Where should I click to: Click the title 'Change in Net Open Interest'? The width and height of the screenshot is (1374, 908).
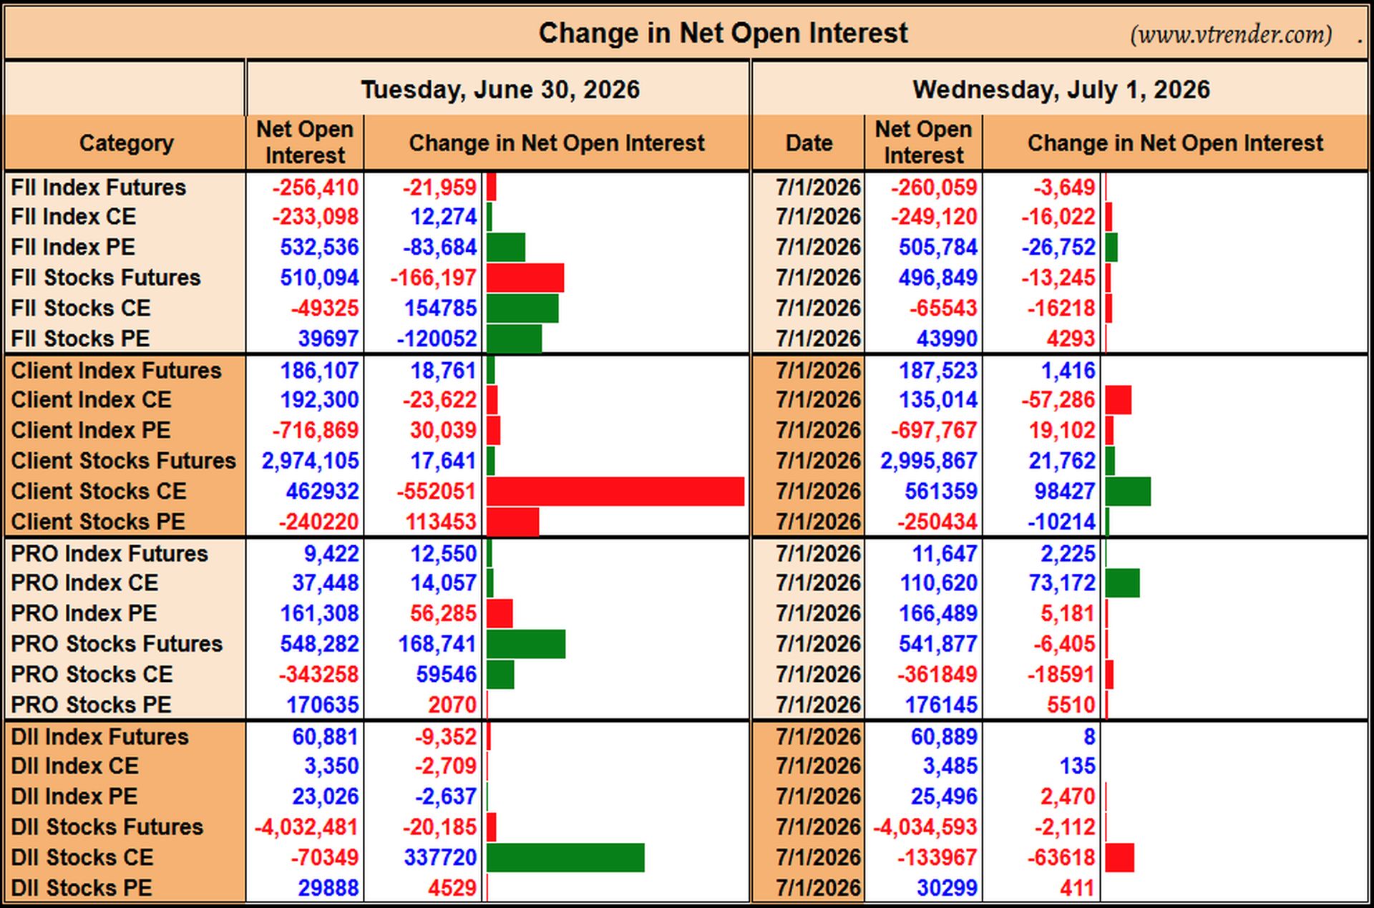point(723,33)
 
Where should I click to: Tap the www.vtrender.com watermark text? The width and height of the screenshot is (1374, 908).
point(1231,34)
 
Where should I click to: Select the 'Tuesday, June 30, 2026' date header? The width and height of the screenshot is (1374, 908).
point(500,89)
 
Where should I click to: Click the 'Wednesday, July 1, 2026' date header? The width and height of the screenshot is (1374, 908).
point(1061,89)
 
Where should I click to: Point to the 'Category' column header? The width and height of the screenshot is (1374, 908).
point(126,143)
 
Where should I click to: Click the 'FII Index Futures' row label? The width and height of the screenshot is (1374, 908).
point(99,187)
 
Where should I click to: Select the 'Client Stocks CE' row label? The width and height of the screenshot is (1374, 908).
point(99,491)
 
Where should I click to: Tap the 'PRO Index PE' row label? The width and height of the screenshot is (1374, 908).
point(84,613)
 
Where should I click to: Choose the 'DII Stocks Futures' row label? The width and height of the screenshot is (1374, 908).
point(107,827)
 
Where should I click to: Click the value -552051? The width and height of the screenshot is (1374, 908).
point(437,492)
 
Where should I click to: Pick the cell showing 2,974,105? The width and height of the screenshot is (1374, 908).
point(310,461)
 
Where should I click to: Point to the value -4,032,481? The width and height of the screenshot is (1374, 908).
point(306,827)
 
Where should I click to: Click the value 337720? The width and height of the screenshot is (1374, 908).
point(440,857)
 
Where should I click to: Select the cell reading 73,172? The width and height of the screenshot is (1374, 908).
point(1062,583)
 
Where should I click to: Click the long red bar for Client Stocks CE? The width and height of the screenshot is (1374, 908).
point(615,492)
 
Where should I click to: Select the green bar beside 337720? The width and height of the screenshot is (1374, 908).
point(565,857)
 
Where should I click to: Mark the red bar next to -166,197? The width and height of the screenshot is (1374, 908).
point(525,278)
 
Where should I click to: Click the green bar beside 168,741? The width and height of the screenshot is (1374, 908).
point(526,644)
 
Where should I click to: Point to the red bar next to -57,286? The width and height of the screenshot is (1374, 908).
point(1119,400)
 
